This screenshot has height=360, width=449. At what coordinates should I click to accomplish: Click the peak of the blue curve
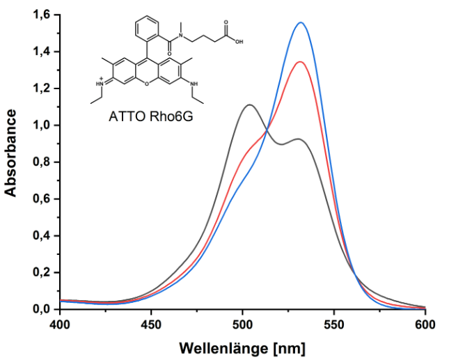tap(301, 23)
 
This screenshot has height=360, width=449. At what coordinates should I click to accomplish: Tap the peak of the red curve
tap(300, 62)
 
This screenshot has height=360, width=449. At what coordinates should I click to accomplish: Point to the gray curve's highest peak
tap(249, 105)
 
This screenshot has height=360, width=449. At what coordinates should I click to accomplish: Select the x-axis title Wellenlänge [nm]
tap(242, 347)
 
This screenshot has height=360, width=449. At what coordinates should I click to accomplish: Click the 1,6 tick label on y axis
tap(42, 15)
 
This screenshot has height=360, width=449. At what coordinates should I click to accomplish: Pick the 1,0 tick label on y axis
tap(42, 125)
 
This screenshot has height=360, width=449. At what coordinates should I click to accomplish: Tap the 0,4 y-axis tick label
tap(42, 235)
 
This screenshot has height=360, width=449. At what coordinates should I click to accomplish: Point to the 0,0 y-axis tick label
tap(42, 308)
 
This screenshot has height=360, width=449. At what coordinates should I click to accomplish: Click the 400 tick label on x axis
tap(60, 324)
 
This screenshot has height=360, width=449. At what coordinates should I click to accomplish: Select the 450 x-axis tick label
tap(151, 324)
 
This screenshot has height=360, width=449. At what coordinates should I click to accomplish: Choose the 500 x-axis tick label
tap(242, 324)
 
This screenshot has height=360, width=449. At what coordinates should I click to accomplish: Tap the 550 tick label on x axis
tap(333, 324)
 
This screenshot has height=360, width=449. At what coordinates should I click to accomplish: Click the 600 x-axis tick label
tap(425, 324)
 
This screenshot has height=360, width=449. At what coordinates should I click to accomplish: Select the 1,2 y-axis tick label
tap(42, 88)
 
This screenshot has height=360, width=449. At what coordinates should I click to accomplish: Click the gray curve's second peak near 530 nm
tap(298, 139)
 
